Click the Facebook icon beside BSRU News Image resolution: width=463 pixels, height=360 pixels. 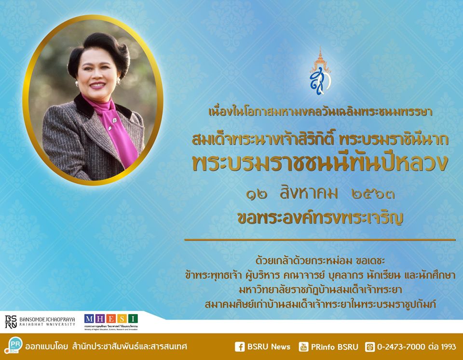coord(240,347)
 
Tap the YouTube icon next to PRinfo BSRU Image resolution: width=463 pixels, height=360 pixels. coord(303,347)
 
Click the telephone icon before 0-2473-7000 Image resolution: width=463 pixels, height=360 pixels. coord(370,347)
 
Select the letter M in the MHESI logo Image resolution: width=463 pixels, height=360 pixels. coord(89,319)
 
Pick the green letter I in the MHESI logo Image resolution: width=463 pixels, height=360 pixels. coord(133,319)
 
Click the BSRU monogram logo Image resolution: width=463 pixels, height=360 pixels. coord(11,321)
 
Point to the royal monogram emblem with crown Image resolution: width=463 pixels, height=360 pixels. coord(320,71)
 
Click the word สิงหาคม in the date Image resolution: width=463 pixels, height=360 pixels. coord(309,193)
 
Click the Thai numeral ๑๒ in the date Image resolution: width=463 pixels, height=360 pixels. coord(257,195)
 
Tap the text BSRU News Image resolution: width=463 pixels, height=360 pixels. coord(269,347)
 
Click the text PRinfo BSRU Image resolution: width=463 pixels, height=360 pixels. coord(335,347)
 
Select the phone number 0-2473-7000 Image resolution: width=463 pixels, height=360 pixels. coord(401,347)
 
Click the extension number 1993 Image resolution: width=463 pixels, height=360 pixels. coord(448,347)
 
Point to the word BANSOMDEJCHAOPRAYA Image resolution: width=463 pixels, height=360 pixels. coord(47,320)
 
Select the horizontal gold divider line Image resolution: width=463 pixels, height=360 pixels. coord(320,240)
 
